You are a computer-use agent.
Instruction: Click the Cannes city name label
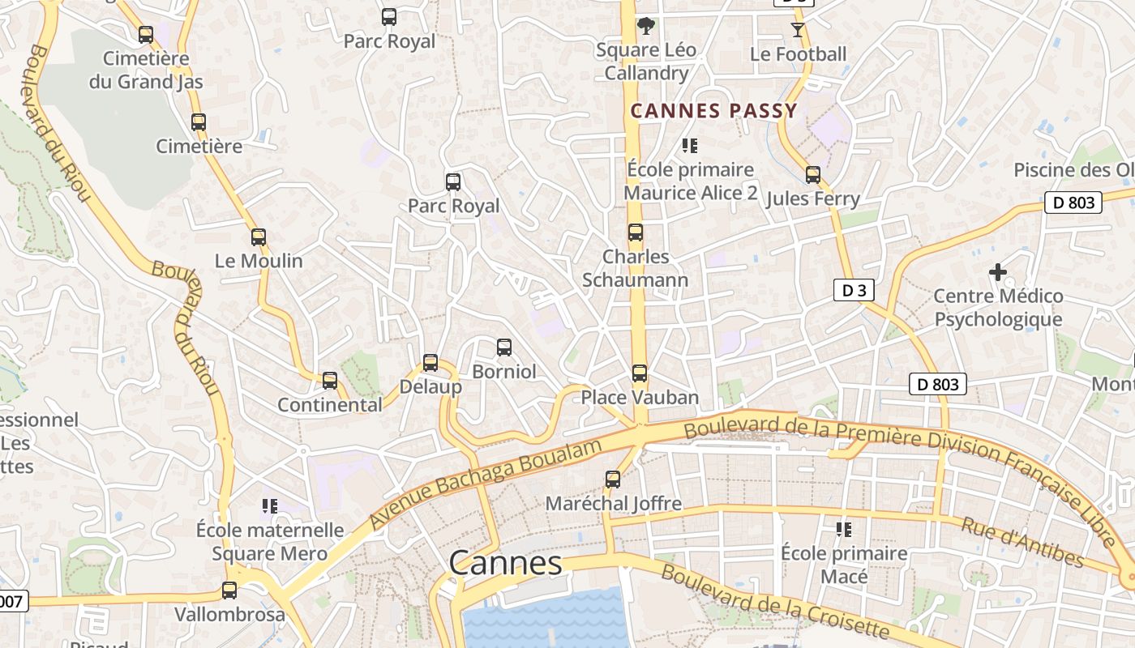[505, 563]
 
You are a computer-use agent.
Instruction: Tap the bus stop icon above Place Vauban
[640, 373]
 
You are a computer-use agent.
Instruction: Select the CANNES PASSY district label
[714, 111]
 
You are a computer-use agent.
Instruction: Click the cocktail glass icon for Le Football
[798, 30]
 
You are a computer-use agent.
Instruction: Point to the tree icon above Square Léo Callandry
[645, 26]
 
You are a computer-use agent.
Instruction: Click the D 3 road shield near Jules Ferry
[854, 290]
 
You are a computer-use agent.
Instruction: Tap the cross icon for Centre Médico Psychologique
[998, 272]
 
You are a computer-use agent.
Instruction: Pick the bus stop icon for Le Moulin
[259, 237]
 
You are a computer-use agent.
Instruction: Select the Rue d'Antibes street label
[1022, 541]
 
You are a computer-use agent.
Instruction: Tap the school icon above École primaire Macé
[843, 530]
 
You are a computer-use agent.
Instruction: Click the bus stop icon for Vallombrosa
[229, 590]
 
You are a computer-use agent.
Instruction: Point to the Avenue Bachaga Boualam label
[486, 484]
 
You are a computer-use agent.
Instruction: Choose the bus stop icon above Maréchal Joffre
[613, 480]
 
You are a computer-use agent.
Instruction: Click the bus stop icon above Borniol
[504, 347]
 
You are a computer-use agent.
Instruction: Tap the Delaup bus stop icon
[430, 363]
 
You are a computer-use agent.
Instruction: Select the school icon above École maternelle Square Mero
[270, 507]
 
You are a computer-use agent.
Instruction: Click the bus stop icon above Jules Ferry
[813, 175]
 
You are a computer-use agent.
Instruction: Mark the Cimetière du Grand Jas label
[146, 70]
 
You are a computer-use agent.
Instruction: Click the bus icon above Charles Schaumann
[636, 232]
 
